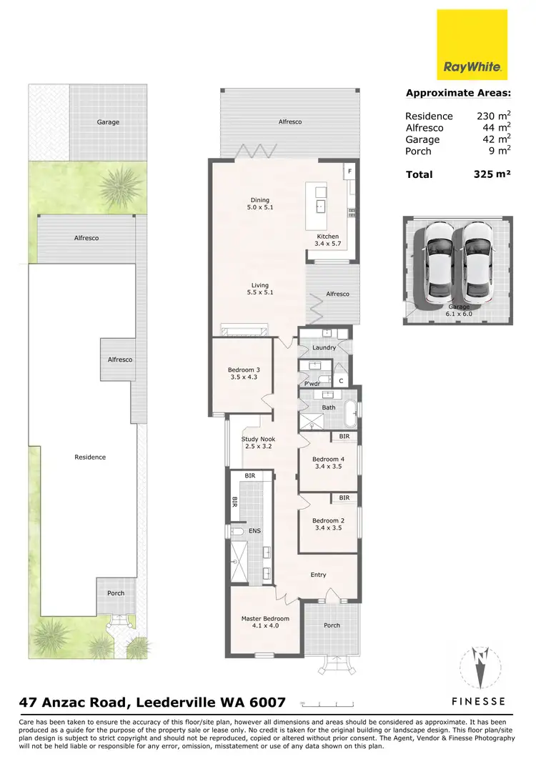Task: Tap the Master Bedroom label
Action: (x=265, y=622)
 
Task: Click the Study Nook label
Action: (x=258, y=443)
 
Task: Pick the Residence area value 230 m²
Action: (x=493, y=116)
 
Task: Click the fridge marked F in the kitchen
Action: (x=349, y=172)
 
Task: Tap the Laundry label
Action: (x=324, y=348)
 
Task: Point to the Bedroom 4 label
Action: (x=328, y=462)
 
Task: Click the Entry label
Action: (x=317, y=575)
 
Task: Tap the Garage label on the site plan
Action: (x=108, y=122)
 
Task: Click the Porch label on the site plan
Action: (x=115, y=593)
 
